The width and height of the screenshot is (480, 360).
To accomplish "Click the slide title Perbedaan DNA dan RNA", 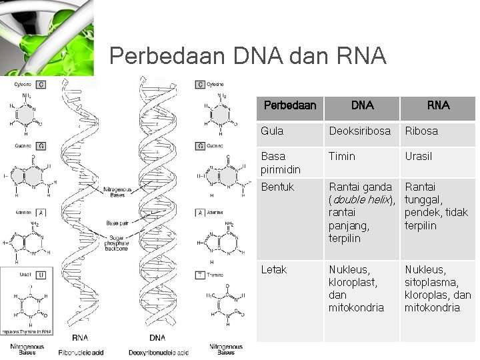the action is pyautogui.click(x=247, y=56).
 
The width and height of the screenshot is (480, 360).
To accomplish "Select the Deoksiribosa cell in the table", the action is pyautogui.click(x=359, y=131).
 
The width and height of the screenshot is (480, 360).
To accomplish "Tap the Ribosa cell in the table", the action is pyautogui.click(x=421, y=131).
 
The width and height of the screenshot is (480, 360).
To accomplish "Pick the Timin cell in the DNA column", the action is pyautogui.click(x=342, y=157).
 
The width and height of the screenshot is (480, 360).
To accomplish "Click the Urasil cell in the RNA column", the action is pyautogui.click(x=419, y=157).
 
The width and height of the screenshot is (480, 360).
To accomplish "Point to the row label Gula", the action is pyautogui.click(x=272, y=131).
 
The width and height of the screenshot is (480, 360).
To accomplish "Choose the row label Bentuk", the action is pyautogui.click(x=277, y=187).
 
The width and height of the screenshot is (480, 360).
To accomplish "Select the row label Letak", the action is pyautogui.click(x=274, y=270).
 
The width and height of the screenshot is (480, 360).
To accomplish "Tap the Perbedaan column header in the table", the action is pyautogui.click(x=290, y=105).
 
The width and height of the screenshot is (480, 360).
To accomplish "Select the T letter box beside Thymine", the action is pyautogui.click(x=199, y=275).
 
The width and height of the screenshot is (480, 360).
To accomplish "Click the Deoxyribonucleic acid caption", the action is pyautogui.click(x=159, y=352).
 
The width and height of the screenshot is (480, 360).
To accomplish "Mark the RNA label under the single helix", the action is pyautogui.click(x=81, y=339).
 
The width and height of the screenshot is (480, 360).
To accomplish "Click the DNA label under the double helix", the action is pyautogui.click(x=157, y=339).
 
